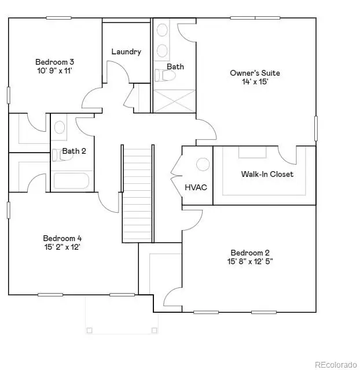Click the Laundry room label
click(126, 51)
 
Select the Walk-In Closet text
click(267, 174)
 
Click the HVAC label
click(196, 188)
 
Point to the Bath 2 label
click(74, 151)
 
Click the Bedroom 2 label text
click(250, 253)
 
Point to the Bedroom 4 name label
click(63, 238)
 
